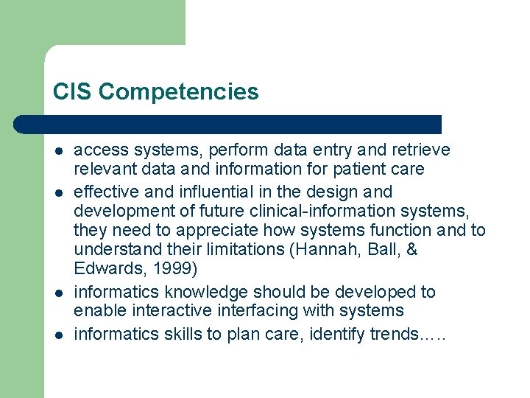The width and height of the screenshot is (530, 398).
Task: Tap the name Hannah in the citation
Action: pos(325,250)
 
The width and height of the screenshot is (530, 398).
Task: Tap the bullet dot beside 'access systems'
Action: pos(57,151)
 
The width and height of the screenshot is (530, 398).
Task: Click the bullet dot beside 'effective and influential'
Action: pos(57,192)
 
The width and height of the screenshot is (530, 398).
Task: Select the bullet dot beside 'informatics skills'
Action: pos(57,335)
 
